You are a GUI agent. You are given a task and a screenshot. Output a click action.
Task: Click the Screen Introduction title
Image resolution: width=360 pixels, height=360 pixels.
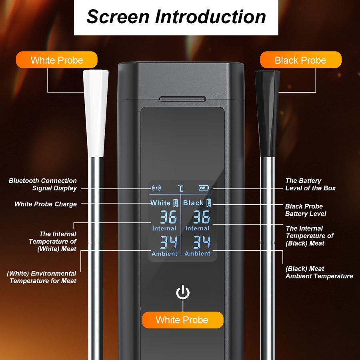pyautogui.click(x=176, y=17)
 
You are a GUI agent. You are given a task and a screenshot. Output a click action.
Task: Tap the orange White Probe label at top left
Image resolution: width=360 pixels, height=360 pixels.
pyautogui.click(x=57, y=60)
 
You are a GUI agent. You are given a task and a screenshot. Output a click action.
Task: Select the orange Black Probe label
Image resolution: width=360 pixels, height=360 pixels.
pyautogui.click(x=300, y=60)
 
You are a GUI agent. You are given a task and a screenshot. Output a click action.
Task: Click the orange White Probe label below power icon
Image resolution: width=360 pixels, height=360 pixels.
pyautogui.click(x=182, y=320)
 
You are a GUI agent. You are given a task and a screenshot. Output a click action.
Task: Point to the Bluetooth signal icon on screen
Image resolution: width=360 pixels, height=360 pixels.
pyautogui.click(x=156, y=188)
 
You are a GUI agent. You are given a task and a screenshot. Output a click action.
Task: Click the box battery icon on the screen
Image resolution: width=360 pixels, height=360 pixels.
pyautogui.click(x=204, y=188)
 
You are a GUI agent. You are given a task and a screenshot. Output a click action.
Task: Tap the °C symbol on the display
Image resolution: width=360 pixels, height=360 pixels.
pyautogui.click(x=181, y=188)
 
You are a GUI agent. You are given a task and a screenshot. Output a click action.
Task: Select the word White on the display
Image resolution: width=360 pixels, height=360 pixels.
pyautogui.click(x=160, y=203)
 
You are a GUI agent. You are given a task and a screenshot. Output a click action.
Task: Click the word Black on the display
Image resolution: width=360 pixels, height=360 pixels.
pyautogui.click(x=193, y=203)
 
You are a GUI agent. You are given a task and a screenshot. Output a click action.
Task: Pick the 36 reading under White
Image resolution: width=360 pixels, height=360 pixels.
pyautogui.click(x=168, y=217)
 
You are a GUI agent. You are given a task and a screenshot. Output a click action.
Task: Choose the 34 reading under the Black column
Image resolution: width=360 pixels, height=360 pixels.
pyautogui.click(x=202, y=242)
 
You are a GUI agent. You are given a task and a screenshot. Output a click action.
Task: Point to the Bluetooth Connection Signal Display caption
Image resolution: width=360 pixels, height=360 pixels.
pyautogui.click(x=43, y=184)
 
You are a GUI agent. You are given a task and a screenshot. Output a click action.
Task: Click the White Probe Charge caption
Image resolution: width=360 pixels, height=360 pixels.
pyautogui.click(x=46, y=204)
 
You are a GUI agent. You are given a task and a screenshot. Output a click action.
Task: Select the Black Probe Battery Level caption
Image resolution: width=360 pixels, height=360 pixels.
pyautogui.click(x=305, y=210)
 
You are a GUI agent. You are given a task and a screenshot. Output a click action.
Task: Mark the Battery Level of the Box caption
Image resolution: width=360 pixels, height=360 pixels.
pyautogui.click(x=310, y=184)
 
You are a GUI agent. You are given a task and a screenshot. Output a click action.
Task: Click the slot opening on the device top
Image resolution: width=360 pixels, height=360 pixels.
pyautogui.click(x=182, y=99)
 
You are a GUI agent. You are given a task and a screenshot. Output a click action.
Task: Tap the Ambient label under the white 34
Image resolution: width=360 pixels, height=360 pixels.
pyautogui.click(x=164, y=254)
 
